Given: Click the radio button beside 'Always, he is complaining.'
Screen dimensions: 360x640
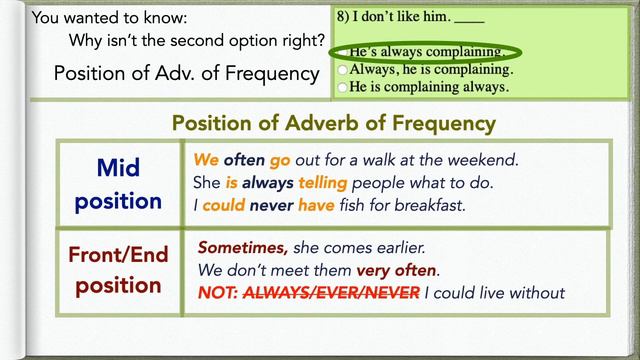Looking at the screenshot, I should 344,70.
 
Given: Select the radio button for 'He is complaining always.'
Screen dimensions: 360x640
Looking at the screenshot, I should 344,87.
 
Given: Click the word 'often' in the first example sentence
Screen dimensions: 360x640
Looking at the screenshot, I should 245,160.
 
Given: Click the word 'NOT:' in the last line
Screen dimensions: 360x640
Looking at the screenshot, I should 219,293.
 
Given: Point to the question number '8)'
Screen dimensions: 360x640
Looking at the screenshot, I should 343,16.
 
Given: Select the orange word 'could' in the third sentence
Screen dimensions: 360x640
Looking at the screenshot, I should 224,206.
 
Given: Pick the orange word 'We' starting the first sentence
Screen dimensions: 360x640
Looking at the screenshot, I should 206,160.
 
